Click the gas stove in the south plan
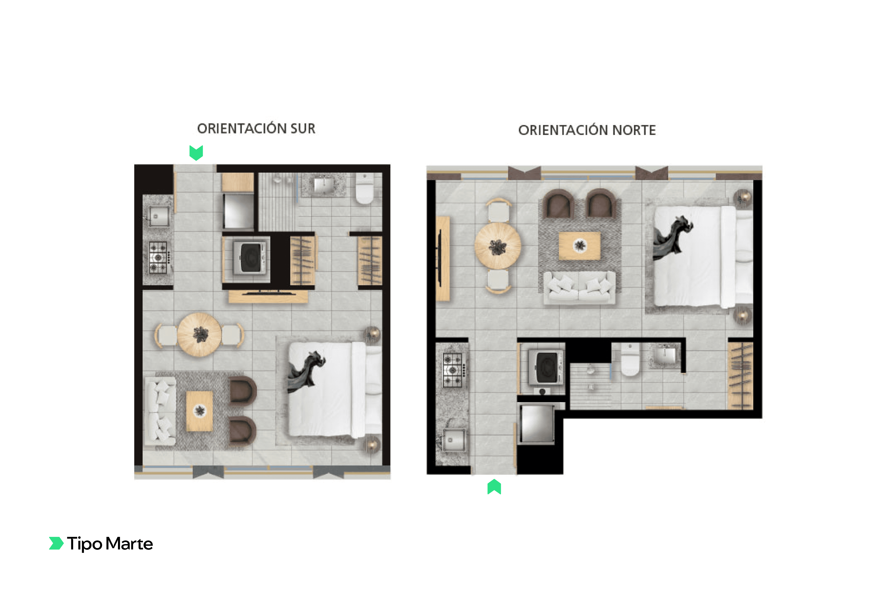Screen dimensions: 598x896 click(x=158, y=257)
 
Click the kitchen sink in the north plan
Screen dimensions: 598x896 click(x=453, y=440)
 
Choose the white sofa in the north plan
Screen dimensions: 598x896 click(x=579, y=288)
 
